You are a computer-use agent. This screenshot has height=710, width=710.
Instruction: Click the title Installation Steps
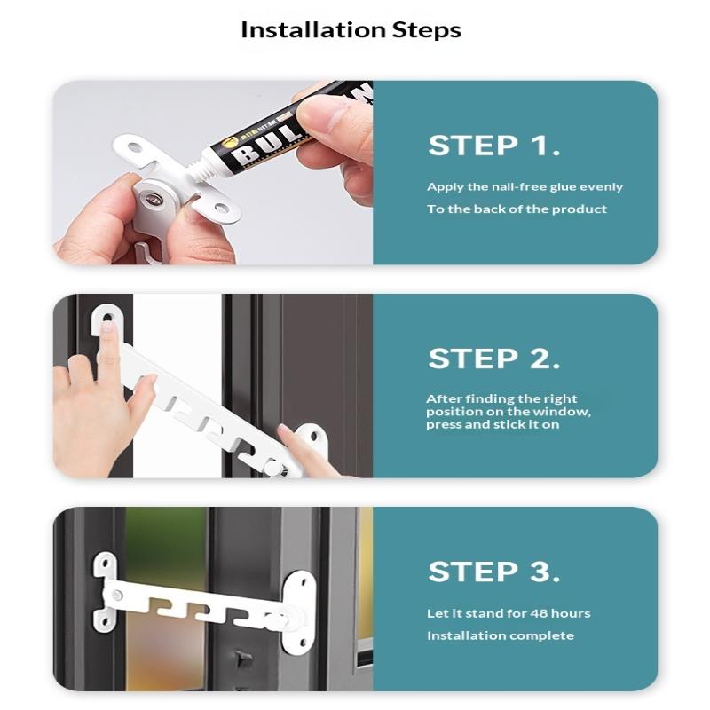click(x=351, y=29)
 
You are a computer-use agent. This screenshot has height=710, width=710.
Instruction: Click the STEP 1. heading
click(x=493, y=146)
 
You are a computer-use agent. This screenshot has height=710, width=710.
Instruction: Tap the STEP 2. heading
click(x=493, y=359)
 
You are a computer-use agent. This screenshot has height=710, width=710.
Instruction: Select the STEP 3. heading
click(x=493, y=572)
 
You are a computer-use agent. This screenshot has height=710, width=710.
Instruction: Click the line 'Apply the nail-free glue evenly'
click(x=525, y=187)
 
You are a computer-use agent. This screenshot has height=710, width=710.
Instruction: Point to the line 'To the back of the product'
click(x=517, y=209)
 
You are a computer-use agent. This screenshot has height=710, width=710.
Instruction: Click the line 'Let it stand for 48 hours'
click(x=508, y=613)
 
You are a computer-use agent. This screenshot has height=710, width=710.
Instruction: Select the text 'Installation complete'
click(x=500, y=635)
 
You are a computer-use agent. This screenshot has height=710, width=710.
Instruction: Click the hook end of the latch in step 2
click(x=106, y=318)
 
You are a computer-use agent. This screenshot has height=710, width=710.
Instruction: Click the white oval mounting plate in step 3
click(x=299, y=603)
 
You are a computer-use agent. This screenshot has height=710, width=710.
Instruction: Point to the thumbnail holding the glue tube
click(x=325, y=115)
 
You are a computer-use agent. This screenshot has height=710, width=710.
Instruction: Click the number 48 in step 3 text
click(x=540, y=613)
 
